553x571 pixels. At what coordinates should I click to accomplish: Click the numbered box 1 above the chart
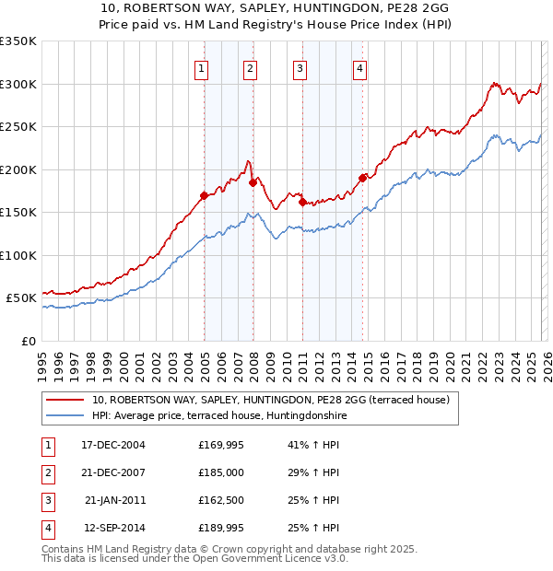[201, 67]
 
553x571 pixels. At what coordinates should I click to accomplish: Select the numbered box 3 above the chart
[300, 67]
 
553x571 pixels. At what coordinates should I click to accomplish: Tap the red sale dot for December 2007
[253, 182]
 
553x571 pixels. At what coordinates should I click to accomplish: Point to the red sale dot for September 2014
[362, 178]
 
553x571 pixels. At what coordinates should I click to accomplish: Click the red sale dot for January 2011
[302, 202]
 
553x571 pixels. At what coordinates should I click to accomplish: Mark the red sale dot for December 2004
[204, 195]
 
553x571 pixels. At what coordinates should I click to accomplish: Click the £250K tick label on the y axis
[18, 127]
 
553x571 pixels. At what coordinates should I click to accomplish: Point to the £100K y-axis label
[18, 255]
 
